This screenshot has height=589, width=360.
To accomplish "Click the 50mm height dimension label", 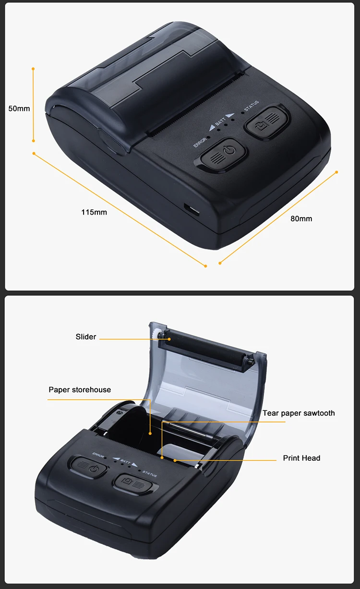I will pos(19,108).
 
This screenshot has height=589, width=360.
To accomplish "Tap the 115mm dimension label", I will pos(94,212).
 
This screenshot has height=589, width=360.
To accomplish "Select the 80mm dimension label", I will pos(301,218).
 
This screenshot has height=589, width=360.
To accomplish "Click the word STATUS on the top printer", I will pos(252,106).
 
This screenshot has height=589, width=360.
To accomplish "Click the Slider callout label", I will pos(86,337).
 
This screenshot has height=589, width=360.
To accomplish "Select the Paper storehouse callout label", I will pos(80,390).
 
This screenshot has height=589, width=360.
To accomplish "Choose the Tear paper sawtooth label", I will pos(299,413).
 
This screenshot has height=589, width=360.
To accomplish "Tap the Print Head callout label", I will pos(301,458).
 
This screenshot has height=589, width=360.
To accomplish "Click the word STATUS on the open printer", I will pos(149,474).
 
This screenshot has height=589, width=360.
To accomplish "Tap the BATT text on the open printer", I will pos(125,462).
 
